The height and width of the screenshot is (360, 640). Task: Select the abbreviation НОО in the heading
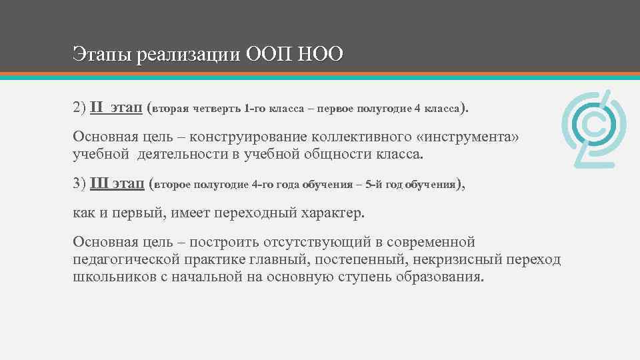pos(321,53)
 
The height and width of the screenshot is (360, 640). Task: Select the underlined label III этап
pos(117,183)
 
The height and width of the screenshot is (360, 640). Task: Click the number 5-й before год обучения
pos(373,184)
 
